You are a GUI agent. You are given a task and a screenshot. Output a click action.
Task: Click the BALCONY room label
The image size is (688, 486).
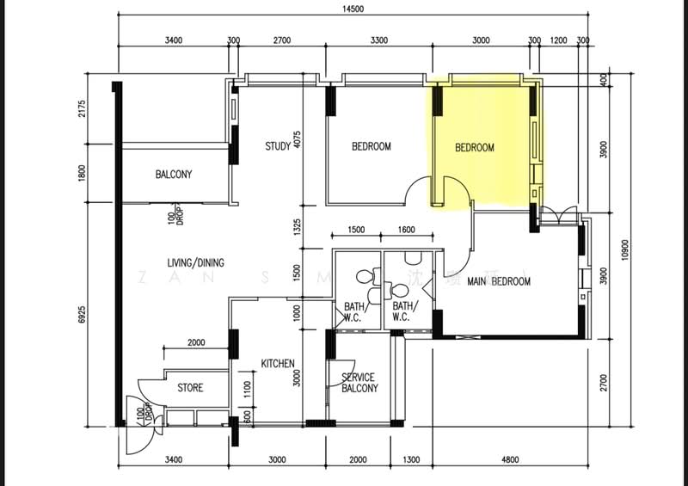tap(174, 175)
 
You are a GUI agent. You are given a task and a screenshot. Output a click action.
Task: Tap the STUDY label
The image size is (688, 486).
tap(277, 147)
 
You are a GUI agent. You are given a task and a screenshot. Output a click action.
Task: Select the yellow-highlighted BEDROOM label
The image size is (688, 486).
tap(474, 148)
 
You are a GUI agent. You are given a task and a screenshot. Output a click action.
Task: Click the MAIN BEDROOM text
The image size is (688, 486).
tap(498, 281)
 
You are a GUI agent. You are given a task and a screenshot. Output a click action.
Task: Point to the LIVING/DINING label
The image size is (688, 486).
tap(196, 262)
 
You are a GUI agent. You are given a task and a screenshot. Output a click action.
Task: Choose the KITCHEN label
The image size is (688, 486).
tap(278, 364)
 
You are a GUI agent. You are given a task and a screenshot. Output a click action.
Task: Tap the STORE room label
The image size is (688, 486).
tap(190, 388)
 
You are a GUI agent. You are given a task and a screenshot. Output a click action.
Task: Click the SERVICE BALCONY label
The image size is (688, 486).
tap(359, 383)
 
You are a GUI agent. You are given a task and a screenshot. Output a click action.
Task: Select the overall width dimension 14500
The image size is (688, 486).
tap(352, 10)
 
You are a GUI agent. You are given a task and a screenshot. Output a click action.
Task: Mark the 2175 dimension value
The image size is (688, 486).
tap(83, 110)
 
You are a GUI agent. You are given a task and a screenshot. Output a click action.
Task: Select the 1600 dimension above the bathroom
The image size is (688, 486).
tap(407, 230)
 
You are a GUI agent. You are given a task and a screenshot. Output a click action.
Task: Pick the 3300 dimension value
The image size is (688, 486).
tap(378, 40)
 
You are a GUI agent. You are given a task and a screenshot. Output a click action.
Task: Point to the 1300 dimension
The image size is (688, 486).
tap(412, 459)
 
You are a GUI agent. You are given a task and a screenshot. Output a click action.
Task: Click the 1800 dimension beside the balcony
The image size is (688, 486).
tap(83, 172)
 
